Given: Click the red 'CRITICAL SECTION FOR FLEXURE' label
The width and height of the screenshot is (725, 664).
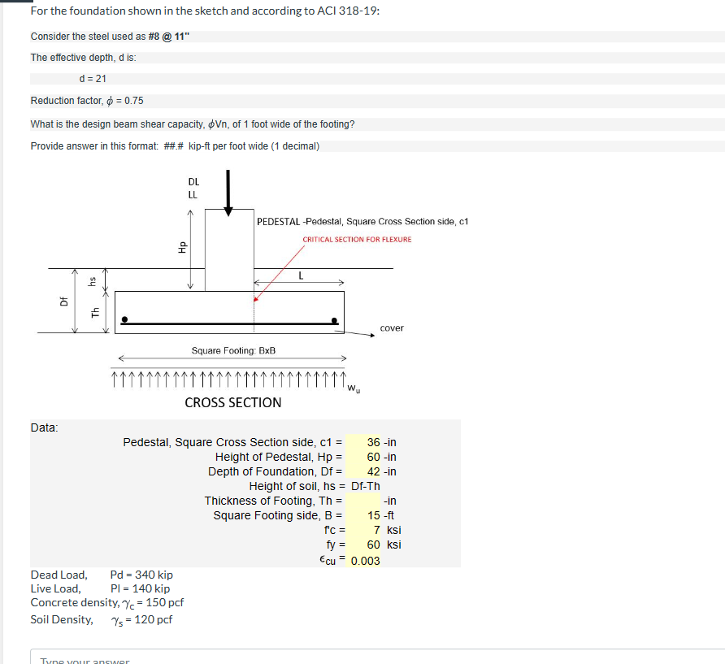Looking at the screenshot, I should click(x=357, y=239).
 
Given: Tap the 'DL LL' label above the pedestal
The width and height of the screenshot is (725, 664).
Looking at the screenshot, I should click(x=193, y=189).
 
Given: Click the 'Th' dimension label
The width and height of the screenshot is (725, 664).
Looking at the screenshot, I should click(x=95, y=311).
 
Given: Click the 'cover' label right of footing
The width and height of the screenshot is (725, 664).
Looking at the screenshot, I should click(x=391, y=328).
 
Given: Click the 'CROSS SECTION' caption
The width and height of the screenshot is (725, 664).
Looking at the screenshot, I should click(x=233, y=402).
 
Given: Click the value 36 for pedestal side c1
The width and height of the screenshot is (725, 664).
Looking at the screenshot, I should click(x=373, y=442).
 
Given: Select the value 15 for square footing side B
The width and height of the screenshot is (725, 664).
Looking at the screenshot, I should click(x=374, y=515).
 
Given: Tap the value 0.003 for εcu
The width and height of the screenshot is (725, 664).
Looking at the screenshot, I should click(x=365, y=561).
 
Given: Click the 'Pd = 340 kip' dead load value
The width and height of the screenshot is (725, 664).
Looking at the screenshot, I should click(x=141, y=575).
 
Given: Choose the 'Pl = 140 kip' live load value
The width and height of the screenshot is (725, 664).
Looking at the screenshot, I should click(x=139, y=588).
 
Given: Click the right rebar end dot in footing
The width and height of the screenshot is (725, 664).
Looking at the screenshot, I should click(x=334, y=320).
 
